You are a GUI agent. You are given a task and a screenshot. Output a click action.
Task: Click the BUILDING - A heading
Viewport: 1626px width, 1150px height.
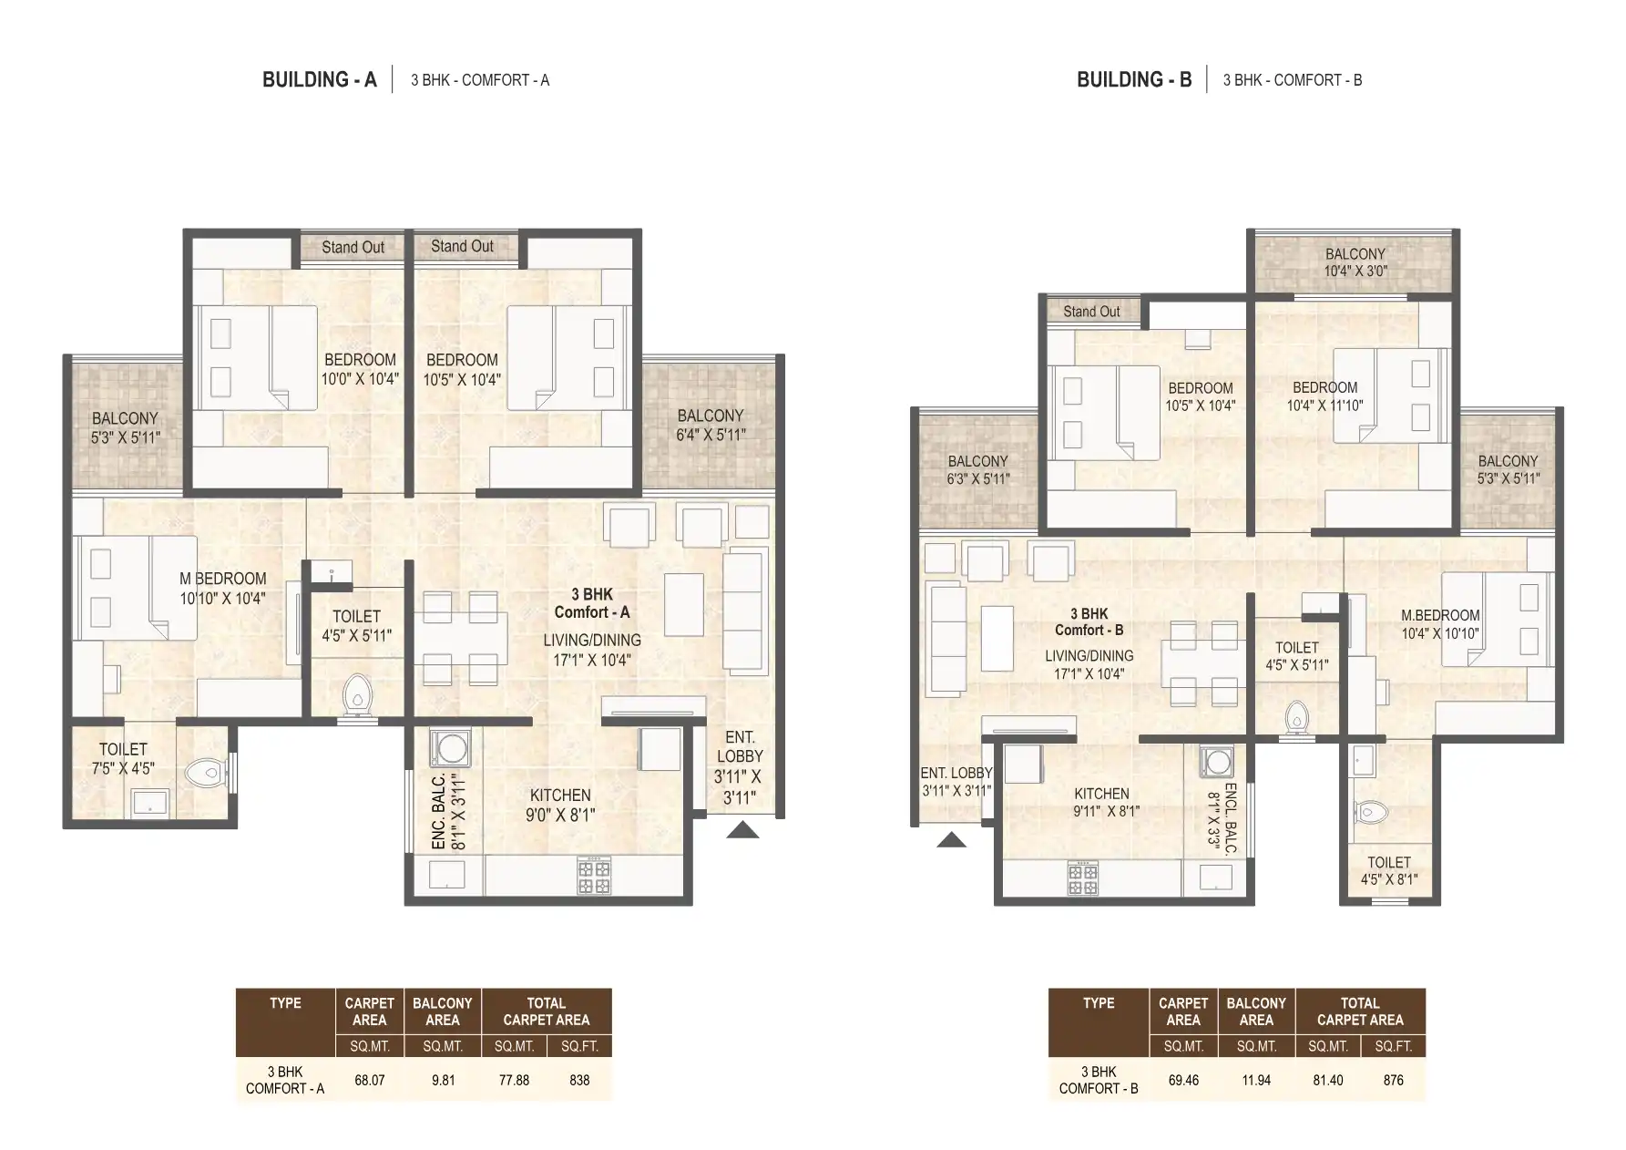(319, 80)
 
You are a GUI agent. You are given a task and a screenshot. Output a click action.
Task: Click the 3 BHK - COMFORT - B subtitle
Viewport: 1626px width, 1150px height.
(1292, 80)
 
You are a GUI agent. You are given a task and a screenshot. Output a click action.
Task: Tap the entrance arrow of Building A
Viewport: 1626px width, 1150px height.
(742, 829)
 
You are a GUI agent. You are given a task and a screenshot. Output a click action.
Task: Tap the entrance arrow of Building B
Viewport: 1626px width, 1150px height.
(951, 839)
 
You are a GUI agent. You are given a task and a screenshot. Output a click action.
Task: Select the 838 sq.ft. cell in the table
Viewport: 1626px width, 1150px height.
(579, 1080)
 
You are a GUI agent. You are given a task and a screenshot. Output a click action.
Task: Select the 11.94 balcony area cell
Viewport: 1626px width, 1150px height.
(1256, 1080)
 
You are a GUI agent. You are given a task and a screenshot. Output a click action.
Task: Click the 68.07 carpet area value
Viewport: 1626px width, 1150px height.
(370, 1080)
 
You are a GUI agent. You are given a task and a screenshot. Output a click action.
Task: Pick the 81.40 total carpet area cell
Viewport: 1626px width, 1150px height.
(1327, 1080)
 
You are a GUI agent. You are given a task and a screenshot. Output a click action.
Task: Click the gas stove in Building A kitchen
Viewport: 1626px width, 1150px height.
(594, 876)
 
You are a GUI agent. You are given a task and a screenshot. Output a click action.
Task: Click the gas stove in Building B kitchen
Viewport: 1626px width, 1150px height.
(1083, 878)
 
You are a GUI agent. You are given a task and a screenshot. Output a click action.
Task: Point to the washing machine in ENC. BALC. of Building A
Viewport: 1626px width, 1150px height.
(448, 749)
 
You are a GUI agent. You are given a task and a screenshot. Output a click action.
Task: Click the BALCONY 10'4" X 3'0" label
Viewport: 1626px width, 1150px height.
(1355, 262)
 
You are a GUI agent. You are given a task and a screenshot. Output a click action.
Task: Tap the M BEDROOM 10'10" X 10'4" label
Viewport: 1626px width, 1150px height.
(223, 588)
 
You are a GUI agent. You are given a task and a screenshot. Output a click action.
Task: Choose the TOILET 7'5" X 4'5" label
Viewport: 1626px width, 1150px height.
(123, 758)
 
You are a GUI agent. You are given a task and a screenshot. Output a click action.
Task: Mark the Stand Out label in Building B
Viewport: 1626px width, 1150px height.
(1091, 312)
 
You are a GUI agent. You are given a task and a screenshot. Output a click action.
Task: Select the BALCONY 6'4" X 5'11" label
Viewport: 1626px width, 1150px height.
(710, 425)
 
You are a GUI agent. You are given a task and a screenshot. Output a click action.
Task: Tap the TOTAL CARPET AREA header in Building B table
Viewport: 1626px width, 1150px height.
(1359, 1011)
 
